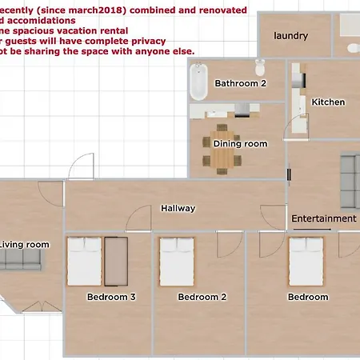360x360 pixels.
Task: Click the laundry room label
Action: coord(290,36)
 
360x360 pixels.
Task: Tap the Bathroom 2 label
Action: coord(240,83)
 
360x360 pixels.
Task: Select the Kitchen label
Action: coord(328,102)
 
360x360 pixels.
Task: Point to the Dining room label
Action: coord(238,143)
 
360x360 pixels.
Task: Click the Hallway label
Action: coord(178,208)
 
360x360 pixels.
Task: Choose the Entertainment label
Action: coord(323,218)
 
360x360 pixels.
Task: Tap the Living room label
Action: coord(24,245)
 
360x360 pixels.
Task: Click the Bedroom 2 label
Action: coord(202,297)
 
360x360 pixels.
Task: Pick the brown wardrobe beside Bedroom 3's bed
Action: coord(117,262)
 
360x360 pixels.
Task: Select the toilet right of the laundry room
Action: coord(353,49)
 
